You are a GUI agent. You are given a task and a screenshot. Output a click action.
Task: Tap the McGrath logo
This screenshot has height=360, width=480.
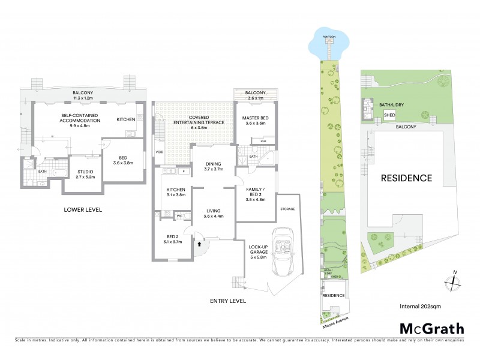click(431, 329)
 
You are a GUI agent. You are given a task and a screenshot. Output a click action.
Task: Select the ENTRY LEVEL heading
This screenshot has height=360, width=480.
click(227, 301)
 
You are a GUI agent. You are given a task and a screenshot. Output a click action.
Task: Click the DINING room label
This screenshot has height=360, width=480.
click(213, 166)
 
